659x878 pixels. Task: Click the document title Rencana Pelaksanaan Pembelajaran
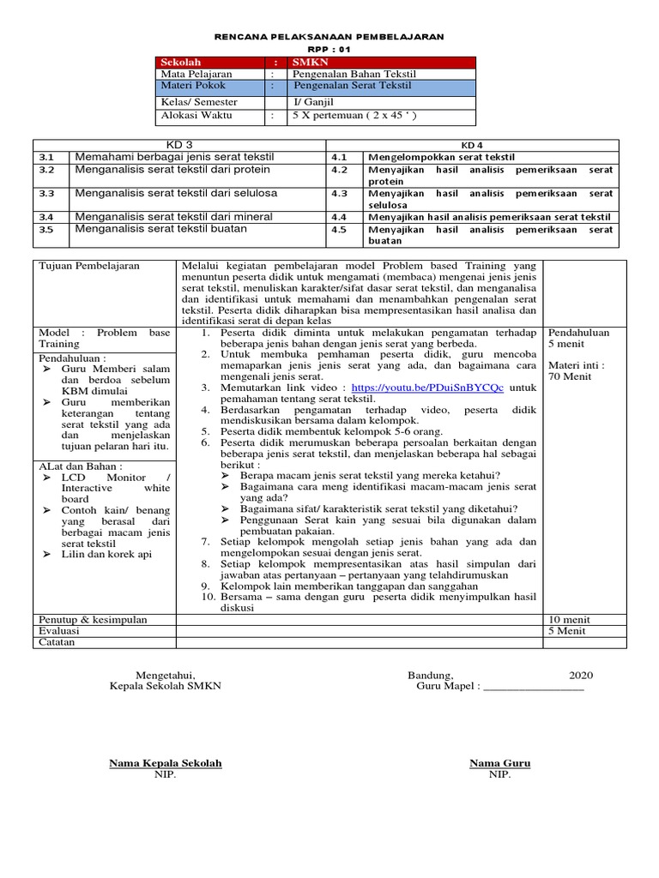click(329, 37)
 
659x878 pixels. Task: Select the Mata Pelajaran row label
click(196, 75)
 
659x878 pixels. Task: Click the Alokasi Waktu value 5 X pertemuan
click(354, 115)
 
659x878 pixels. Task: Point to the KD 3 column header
click(178, 145)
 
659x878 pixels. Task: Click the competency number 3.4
click(46, 217)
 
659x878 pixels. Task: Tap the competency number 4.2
click(338, 170)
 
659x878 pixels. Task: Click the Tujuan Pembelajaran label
click(89, 267)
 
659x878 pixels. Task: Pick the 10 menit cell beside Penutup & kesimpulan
click(569, 619)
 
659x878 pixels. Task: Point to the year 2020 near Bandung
click(580, 675)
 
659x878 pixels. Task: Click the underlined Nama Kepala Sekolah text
click(165, 762)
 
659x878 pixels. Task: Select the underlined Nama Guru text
click(499, 762)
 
